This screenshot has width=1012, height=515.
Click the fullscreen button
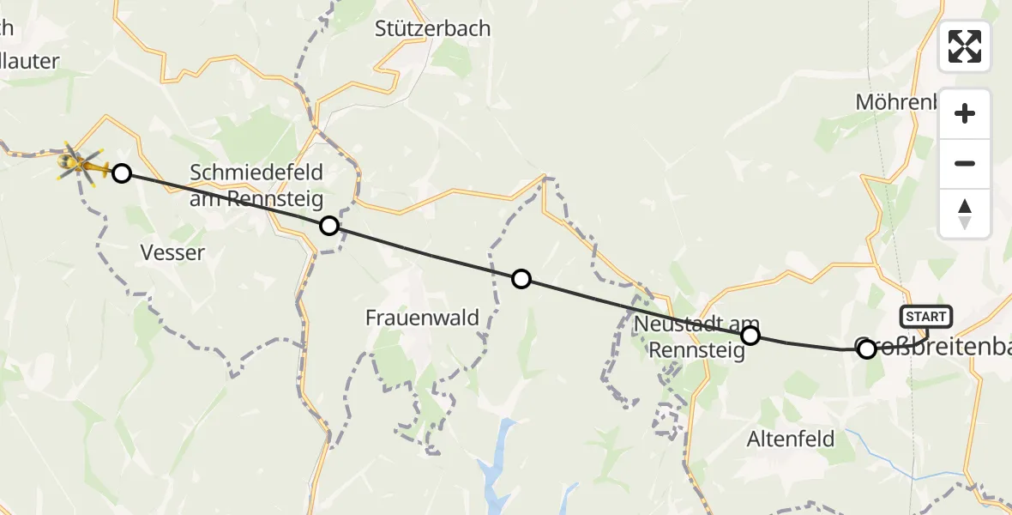(x=965, y=46)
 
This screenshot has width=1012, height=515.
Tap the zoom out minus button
(x=965, y=163)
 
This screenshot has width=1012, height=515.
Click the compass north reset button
(x=965, y=214)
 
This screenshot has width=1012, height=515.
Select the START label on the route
(x=925, y=317)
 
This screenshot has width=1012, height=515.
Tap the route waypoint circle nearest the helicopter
(x=122, y=173)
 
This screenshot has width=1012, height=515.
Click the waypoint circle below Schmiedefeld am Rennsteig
(x=328, y=226)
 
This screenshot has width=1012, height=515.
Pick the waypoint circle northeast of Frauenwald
(x=521, y=278)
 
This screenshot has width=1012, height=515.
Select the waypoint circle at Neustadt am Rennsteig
(x=750, y=335)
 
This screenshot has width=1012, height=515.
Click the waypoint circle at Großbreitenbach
(x=866, y=348)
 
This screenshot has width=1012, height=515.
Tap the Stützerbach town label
(x=432, y=28)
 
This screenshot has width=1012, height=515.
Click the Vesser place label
(x=172, y=252)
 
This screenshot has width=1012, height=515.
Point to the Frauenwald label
(x=422, y=318)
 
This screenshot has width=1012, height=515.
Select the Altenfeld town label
(x=791, y=439)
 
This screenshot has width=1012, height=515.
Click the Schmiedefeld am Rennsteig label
(x=256, y=185)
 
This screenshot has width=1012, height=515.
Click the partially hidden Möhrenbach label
(x=896, y=102)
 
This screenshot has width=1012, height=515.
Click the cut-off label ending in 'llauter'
(x=30, y=61)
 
